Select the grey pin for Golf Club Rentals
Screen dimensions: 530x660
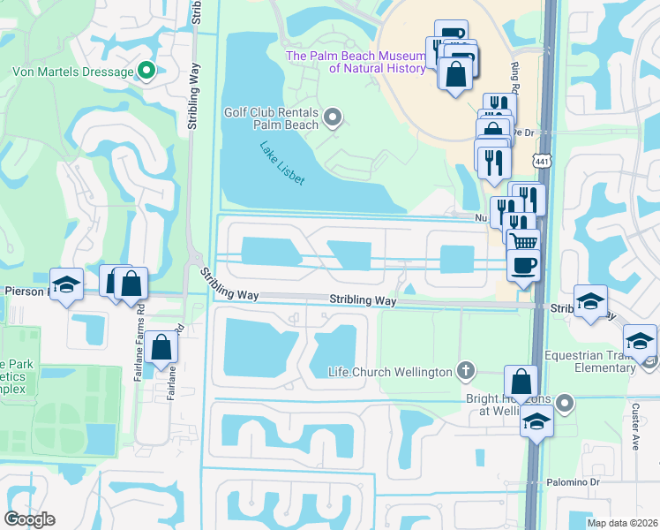pos(334,117)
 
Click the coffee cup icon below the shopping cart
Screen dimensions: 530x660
pos(523,264)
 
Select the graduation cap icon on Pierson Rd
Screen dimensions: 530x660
pos(66,284)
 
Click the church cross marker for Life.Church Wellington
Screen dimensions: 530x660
pos(467,371)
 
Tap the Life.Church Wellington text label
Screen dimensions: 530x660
pos(389,372)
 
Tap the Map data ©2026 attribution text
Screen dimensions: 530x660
pos(622,523)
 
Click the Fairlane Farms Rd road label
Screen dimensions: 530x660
pos(139,353)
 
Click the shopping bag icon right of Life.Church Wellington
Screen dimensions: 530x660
pos(521,382)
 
